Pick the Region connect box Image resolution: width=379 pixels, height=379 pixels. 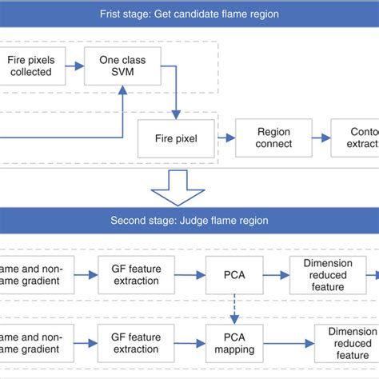tap(273, 138)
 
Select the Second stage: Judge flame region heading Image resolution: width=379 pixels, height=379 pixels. tap(189, 221)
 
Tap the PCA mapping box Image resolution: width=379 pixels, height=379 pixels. tap(234, 343)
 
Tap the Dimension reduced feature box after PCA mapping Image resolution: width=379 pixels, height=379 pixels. tap(345, 343)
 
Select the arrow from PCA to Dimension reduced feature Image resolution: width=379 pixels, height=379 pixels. tap(276, 274)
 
